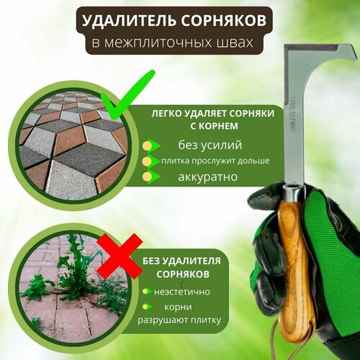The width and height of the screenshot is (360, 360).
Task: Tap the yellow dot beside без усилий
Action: pos(147,145)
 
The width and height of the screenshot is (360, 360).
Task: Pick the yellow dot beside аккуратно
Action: pos(147,176)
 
